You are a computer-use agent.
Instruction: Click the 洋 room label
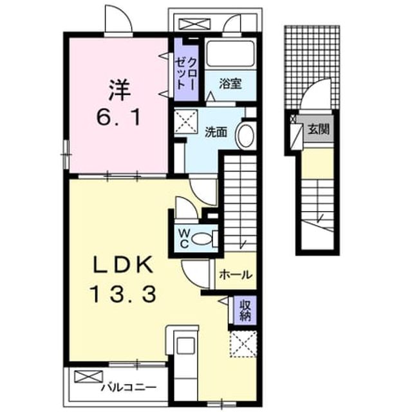[x=120, y=90]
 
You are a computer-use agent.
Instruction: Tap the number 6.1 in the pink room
[x=119, y=117]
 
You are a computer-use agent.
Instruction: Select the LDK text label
[x=122, y=265]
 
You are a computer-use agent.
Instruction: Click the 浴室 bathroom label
[x=230, y=84]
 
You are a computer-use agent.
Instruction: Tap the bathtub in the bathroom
[x=230, y=55]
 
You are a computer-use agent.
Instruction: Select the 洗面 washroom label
[x=216, y=132]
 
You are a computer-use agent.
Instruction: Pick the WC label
[x=184, y=239]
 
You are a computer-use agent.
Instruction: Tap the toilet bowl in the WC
[x=201, y=239]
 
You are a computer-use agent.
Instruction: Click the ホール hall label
[x=236, y=275]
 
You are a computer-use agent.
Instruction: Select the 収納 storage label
[x=245, y=310]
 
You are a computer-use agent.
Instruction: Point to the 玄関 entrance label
[x=319, y=129]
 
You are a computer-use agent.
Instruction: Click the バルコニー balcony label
[x=129, y=388]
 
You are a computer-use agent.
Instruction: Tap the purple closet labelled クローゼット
[x=186, y=70]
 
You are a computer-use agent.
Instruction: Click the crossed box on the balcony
[x=89, y=376]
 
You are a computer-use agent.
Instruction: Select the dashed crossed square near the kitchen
[x=243, y=344]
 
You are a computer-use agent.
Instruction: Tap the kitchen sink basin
[x=185, y=346]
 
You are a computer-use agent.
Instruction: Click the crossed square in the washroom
[x=186, y=122]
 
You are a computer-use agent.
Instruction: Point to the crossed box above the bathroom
[x=194, y=24]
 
